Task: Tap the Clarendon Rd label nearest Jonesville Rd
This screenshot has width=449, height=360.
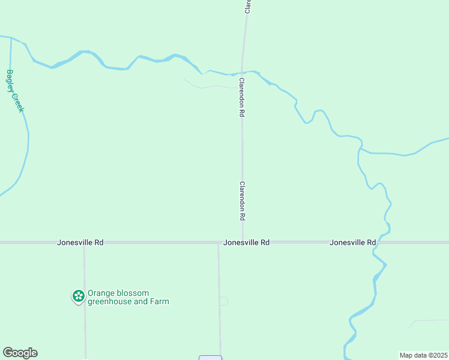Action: pos(243,200)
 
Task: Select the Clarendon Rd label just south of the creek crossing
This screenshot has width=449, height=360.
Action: pos(241,97)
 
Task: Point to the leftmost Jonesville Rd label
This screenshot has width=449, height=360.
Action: pos(80,242)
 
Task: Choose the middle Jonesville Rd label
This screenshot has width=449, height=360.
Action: pos(246,242)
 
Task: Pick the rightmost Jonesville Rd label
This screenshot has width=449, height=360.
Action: pos(352,242)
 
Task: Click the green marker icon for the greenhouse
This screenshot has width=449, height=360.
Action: pos(78,296)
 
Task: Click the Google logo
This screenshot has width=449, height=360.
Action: pos(20,353)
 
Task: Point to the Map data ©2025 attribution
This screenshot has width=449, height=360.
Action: pos(423,355)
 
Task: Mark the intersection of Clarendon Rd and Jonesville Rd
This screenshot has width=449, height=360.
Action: pos(243,242)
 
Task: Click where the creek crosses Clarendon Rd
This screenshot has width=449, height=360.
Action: pos(242,73)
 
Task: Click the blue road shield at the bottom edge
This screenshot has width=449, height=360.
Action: pos(210,358)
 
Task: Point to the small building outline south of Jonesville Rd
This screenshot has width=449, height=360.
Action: pos(224,301)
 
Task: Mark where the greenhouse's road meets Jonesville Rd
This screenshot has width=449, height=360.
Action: pos(84,242)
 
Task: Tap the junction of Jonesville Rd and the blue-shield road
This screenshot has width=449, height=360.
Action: pos(218,242)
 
